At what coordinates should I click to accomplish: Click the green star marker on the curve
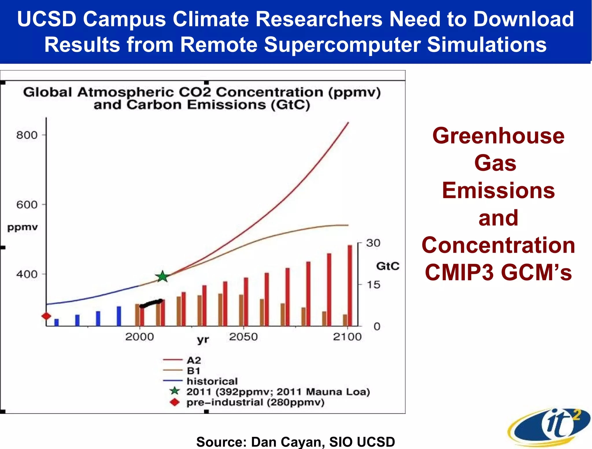pos(162,277)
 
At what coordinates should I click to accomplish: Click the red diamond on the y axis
pos(46,316)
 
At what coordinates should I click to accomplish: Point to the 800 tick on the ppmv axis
pos(27,135)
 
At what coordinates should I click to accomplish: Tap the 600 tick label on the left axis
pos(27,205)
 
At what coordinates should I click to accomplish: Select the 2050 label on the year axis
pos(243,337)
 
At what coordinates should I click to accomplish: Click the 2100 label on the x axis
pos(347,337)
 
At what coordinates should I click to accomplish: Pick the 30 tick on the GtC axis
pos(373,243)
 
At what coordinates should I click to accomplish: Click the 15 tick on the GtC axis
pos(373,285)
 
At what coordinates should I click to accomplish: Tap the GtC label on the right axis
pos(387,266)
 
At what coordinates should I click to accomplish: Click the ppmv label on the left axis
pos(23,227)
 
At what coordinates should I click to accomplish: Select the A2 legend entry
pos(194,360)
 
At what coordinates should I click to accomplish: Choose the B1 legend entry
pos(193,371)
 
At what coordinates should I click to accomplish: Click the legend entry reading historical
pos(212,381)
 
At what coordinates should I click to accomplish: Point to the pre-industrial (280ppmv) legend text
pos(255,402)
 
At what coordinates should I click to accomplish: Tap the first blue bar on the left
pos(57,322)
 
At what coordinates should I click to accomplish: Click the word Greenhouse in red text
pos(498,136)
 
